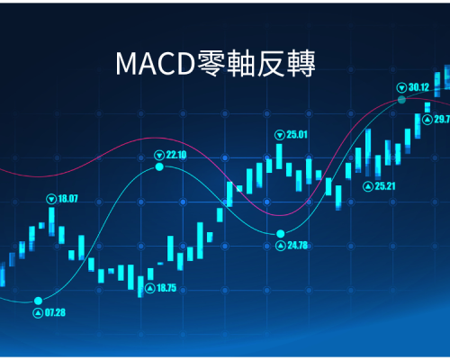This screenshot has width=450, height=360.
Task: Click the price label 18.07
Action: tap(67, 199)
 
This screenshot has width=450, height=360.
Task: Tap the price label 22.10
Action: tap(176, 155)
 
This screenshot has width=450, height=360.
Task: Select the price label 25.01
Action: tap(297, 135)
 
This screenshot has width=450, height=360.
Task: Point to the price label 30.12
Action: tap(419, 87)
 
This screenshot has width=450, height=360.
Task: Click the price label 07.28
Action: tap(55, 312)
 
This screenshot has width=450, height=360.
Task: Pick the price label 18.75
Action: tap(166, 288)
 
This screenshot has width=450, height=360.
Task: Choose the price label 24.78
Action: tap(298, 246)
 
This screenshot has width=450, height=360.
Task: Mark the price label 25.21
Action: tap(385, 186)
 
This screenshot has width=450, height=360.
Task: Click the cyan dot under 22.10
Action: tap(159, 166)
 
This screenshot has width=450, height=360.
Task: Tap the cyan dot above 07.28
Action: tap(38, 301)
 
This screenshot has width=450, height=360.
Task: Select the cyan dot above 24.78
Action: tap(281, 233)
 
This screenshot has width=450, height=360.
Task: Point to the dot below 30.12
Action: tap(401, 100)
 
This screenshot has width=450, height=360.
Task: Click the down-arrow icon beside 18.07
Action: tap(51, 199)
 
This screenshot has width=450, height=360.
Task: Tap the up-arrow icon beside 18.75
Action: tap(150, 288)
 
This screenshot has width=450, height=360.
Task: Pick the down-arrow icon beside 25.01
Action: tap(280, 135)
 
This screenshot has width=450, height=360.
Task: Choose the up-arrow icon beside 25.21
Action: tap(368, 186)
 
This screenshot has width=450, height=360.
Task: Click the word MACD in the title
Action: tap(156, 64)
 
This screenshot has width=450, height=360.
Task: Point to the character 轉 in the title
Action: tap(301, 63)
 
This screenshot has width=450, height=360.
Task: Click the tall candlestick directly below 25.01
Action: tap(279, 157)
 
